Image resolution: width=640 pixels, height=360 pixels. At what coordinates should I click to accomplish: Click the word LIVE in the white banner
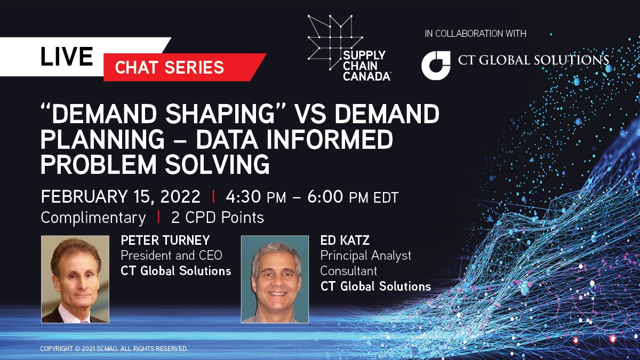[x=67, y=57]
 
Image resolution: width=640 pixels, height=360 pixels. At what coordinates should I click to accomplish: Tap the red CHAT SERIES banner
[x=185, y=67]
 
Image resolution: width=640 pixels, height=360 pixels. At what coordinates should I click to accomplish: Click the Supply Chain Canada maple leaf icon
[x=335, y=42]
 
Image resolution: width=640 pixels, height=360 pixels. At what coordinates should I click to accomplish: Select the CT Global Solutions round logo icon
[x=436, y=66]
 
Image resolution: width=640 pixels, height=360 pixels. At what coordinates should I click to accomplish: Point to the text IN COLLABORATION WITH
[x=475, y=34]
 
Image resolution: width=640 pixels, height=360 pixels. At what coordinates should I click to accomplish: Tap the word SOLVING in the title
[x=218, y=165]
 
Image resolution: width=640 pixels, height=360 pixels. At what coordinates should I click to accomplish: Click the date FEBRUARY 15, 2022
[x=121, y=197]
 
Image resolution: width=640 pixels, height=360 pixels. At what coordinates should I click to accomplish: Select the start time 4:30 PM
[x=255, y=197]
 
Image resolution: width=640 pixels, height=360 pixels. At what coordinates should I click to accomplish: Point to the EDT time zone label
[x=386, y=197]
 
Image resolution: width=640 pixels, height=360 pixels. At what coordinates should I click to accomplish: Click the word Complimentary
[x=93, y=218]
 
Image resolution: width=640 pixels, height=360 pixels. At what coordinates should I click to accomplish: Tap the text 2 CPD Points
[x=218, y=218]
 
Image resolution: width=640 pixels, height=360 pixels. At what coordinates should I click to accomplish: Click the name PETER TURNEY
[x=165, y=241]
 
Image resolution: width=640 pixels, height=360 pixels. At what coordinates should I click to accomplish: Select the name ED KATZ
[x=345, y=241]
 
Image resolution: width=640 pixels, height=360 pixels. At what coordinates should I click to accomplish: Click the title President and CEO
[x=171, y=255]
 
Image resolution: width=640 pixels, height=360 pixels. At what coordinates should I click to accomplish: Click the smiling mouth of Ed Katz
[x=277, y=293]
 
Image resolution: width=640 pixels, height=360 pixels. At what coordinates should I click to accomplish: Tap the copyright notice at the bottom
[x=114, y=349]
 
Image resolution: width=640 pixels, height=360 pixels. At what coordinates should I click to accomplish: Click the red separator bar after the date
[x=213, y=197]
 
